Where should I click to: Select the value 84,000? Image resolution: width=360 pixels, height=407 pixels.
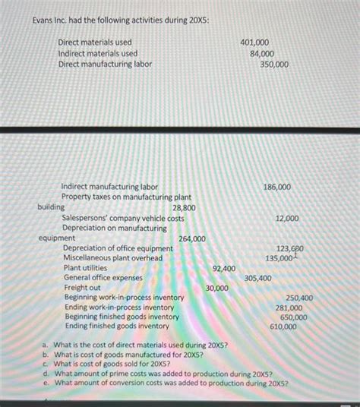coord(261,53)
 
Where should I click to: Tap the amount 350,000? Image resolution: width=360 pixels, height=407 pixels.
coord(273,65)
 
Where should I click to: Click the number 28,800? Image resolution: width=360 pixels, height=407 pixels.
coord(184,207)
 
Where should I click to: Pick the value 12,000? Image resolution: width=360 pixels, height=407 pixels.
coord(286,218)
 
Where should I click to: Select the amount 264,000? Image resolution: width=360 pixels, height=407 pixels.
coord(191,239)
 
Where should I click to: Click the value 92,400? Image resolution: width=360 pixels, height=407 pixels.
coord(223,268)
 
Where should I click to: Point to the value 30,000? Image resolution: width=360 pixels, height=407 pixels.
coord(218,289)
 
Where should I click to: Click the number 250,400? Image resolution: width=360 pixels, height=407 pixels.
coord(298,298)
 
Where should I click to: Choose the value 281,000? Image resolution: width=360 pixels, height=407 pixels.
coord(288,308)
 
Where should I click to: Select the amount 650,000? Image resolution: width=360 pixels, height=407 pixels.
coord(293,317)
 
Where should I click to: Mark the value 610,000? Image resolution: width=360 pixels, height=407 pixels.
coord(283,327)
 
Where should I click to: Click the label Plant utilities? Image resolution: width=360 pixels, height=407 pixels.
coord(85,268)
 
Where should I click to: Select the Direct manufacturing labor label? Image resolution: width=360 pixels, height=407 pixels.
coord(105,64)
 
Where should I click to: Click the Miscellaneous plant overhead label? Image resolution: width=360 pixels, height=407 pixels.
coord(112,258)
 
